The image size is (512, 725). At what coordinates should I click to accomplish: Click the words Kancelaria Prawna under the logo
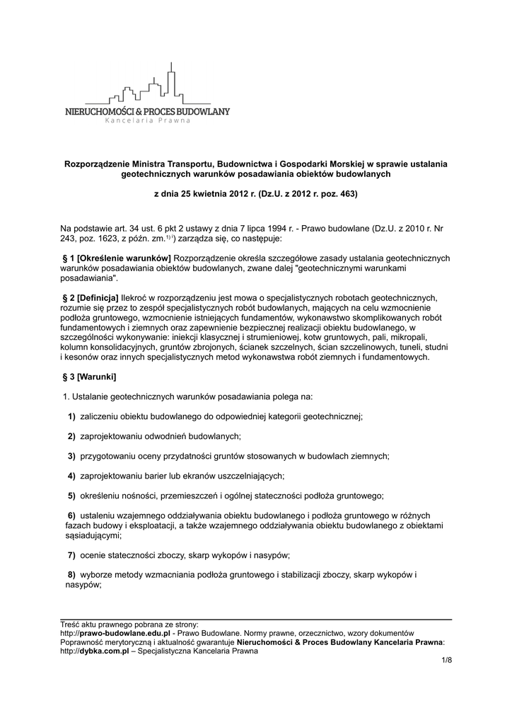click(x=148, y=120)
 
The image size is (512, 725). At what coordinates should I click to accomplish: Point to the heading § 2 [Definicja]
click(x=91, y=298)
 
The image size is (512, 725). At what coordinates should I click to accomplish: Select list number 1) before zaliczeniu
click(x=72, y=416)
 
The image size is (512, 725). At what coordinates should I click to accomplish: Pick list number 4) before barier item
click(x=72, y=474)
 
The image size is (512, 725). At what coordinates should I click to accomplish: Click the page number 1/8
click(x=446, y=661)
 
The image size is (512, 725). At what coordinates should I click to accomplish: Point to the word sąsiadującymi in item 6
click(x=90, y=536)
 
